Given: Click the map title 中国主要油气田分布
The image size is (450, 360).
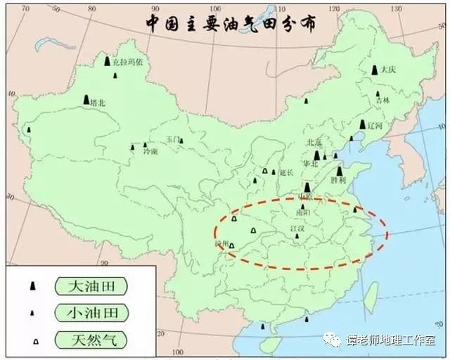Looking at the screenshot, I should click(230, 22).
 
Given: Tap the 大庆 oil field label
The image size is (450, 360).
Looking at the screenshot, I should click(389, 70).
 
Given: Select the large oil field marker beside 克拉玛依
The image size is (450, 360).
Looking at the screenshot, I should click(107, 62).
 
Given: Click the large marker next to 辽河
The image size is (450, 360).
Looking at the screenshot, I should click(362, 125).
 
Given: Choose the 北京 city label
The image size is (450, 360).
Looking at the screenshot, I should click(314, 142).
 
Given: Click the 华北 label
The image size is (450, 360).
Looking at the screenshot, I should click(310, 164).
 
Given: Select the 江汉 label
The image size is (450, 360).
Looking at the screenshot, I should click(299, 229).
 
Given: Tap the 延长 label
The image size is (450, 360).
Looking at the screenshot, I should click(285, 172).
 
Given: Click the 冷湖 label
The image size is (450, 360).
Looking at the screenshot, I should click(150, 151).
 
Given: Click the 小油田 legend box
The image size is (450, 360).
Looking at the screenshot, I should click(91, 313).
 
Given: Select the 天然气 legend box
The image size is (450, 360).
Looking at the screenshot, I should click(91, 340).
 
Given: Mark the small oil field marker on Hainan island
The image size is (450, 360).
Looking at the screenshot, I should click(263, 326).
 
